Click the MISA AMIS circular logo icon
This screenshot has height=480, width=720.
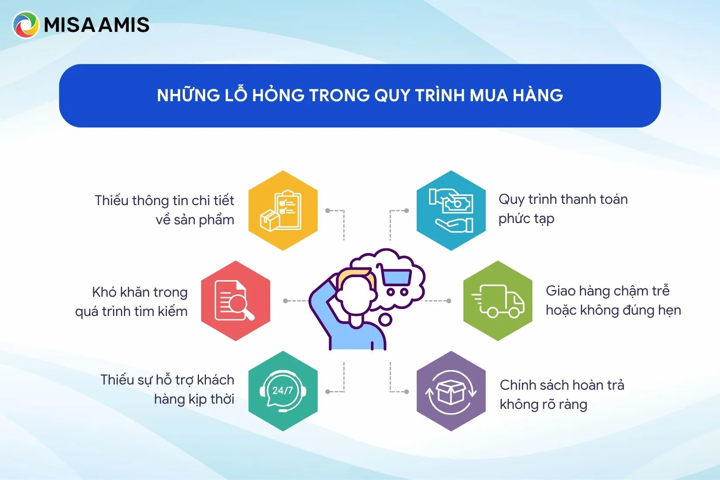pyautogui.click(x=26, y=25)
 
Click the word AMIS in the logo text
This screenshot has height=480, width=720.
pyautogui.click(x=124, y=25)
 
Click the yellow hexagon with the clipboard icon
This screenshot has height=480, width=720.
pyautogui.click(x=283, y=211)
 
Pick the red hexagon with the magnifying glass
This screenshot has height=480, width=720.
pyautogui.click(x=236, y=301)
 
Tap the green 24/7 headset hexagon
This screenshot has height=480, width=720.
pyautogui.click(x=283, y=391)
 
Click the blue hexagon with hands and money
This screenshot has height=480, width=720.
pyautogui.click(x=451, y=211)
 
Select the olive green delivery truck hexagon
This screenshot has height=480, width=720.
pyautogui.click(x=498, y=301)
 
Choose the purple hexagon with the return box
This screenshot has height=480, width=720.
pyautogui.click(x=451, y=391)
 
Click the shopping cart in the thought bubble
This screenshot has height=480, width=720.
pyautogui.click(x=394, y=280)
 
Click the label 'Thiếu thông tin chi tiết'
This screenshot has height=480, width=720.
pyautogui.click(x=164, y=200)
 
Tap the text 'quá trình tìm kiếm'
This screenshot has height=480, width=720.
pyautogui.click(x=131, y=312)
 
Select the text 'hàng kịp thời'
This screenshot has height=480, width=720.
pyautogui.click(x=194, y=399)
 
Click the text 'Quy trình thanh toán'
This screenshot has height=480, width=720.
pyautogui.click(x=563, y=199)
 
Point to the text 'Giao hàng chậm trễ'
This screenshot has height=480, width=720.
pyautogui.click(x=607, y=291)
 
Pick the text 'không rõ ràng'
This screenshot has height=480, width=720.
pyautogui.click(x=544, y=404)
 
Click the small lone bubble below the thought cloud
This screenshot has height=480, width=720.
pyautogui.click(x=385, y=319)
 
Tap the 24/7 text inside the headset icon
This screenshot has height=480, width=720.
pyautogui.click(x=282, y=390)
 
